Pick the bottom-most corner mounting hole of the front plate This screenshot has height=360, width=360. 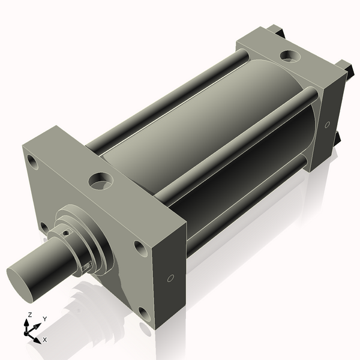coord(144,313)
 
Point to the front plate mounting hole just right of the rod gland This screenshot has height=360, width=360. coord(139,247)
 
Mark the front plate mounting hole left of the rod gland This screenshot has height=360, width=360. coord(44,227)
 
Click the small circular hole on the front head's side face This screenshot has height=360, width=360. coord(170,278)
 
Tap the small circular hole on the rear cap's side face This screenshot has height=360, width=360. coord(327,125)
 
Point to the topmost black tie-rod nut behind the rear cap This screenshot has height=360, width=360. coord(274,28)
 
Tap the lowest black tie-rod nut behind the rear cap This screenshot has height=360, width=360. coord(338,139)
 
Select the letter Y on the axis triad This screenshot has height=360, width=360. coord(44,319)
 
